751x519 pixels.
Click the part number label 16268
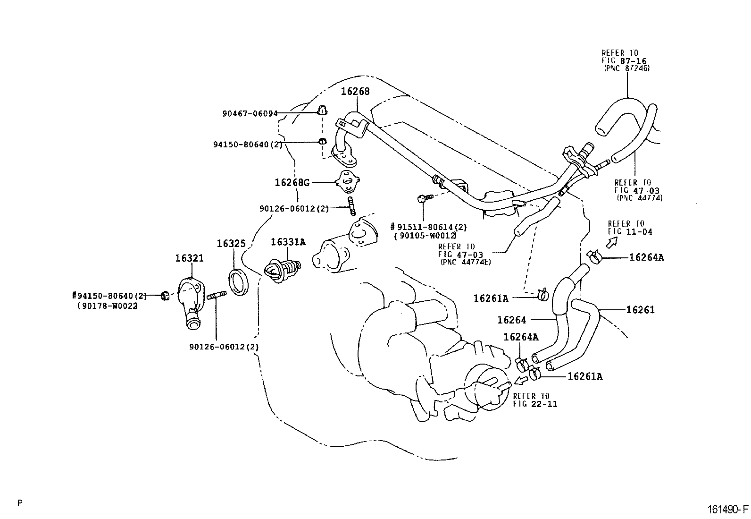click(355, 91)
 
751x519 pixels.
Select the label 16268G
click(292, 183)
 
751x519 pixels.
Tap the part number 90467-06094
click(250, 114)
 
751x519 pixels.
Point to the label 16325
click(231, 243)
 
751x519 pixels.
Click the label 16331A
click(288, 242)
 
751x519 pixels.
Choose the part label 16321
click(190, 258)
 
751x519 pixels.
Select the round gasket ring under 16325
click(239, 282)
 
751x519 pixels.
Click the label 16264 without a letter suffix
click(512, 320)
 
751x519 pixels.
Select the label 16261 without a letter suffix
click(640, 309)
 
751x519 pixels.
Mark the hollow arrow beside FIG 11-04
click(612, 242)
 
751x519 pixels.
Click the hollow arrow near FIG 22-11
click(520, 380)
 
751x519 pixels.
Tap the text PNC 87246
click(627, 68)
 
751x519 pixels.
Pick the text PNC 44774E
click(466, 262)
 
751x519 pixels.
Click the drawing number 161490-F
click(728, 509)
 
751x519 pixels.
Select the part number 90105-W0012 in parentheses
click(425, 236)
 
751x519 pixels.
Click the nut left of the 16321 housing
click(165, 296)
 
